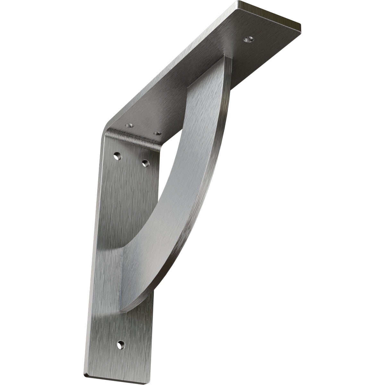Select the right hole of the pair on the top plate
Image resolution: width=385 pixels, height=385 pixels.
[157, 133]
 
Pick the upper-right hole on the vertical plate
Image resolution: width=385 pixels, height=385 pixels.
[146, 163]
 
